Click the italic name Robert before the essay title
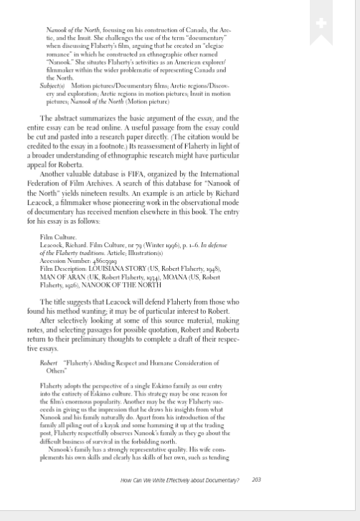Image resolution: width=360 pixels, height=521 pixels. click(49, 363)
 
